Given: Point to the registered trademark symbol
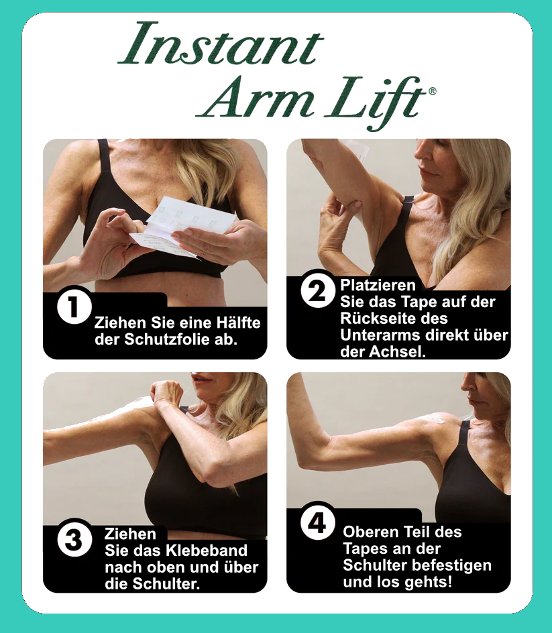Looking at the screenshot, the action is [432, 91].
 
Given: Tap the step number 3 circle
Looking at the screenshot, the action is [74, 540].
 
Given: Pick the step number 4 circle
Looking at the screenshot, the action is [318, 523].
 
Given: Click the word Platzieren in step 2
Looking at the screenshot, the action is [378, 286].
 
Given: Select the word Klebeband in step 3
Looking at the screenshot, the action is [207, 551].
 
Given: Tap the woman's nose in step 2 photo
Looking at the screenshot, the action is [420, 154].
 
